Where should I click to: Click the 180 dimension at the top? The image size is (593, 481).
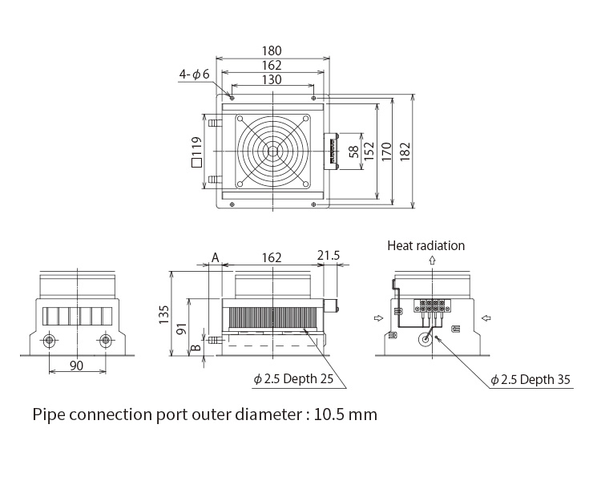[x=272, y=51]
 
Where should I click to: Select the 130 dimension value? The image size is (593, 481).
[x=272, y=79]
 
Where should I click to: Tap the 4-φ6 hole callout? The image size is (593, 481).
[x=195, y=75]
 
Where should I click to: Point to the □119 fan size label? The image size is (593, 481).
[x=196, y=152]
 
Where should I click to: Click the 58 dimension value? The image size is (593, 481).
[x=353, y=152]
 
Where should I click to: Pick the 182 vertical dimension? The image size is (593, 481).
[x=405, y=152]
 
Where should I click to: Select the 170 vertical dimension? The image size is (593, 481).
[x=386, y=152]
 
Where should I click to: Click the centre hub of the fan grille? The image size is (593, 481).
[x=272, y=152]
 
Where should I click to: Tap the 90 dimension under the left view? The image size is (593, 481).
[x=76, y=366]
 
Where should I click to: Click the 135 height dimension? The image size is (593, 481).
[x=163, y=314]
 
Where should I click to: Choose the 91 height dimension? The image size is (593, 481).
[x=182, y=329]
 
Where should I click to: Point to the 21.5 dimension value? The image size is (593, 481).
[x=329, y=256]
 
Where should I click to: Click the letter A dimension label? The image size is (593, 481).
[x=216, y=257]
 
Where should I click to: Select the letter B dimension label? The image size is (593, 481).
[x=196, y=346]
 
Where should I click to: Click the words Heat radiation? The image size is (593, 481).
[x=426, y=245]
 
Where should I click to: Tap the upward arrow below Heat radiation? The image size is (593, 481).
[x=432, y=261]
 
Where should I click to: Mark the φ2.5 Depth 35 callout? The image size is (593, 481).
[x=530, y=379]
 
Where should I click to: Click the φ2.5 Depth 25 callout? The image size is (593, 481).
[x=293, y=379]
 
